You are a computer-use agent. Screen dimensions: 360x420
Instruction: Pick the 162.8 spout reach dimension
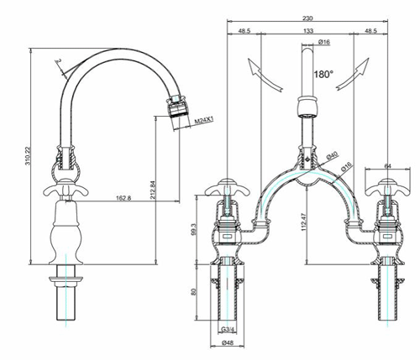[x=123, y=198]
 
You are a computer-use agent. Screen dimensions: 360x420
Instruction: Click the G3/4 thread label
[x=227, y=328]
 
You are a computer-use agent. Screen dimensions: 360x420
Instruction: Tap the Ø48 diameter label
[x=227, y=344]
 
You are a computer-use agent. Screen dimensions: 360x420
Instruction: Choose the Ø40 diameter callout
[x=333, y=155]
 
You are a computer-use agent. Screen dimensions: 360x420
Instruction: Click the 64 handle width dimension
[x=388, y=166]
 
